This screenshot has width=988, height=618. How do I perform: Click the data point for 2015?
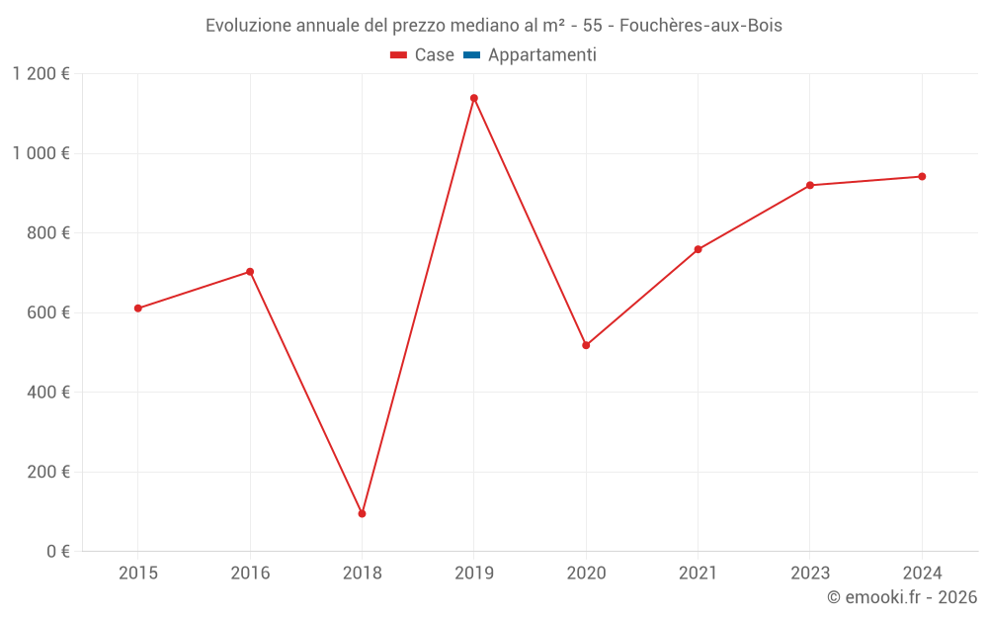tap(138, 309)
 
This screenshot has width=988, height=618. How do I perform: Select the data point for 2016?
tap(250, 272)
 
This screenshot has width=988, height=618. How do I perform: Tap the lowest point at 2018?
tap(362, 514)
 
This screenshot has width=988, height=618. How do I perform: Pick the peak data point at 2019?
tap(474, 98)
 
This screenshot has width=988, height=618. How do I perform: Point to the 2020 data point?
tap(586, 345)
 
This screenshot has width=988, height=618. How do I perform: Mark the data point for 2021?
tap(698, 249)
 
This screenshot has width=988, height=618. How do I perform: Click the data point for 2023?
tap(810, 185)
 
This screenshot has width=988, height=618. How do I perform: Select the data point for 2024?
tap(922, 177)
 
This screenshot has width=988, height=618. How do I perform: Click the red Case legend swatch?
tap(399, 55)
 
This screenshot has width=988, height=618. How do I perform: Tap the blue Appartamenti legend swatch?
tap(472, 55)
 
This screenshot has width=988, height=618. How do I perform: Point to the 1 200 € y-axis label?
tap(41, 74)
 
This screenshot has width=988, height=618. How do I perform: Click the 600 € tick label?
tap(48, 312)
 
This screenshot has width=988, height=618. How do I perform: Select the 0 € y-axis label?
tap(57, 551)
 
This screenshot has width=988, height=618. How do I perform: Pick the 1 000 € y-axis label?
tap(41, 153)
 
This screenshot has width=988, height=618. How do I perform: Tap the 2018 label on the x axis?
tap(362, 573)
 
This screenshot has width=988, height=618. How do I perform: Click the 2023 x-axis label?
tap(810, 573)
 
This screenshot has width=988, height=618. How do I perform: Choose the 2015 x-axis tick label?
tap(138, 573)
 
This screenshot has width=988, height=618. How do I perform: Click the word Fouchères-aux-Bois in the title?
tap(700, 26)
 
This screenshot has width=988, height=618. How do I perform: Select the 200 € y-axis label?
tap(48, 472)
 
